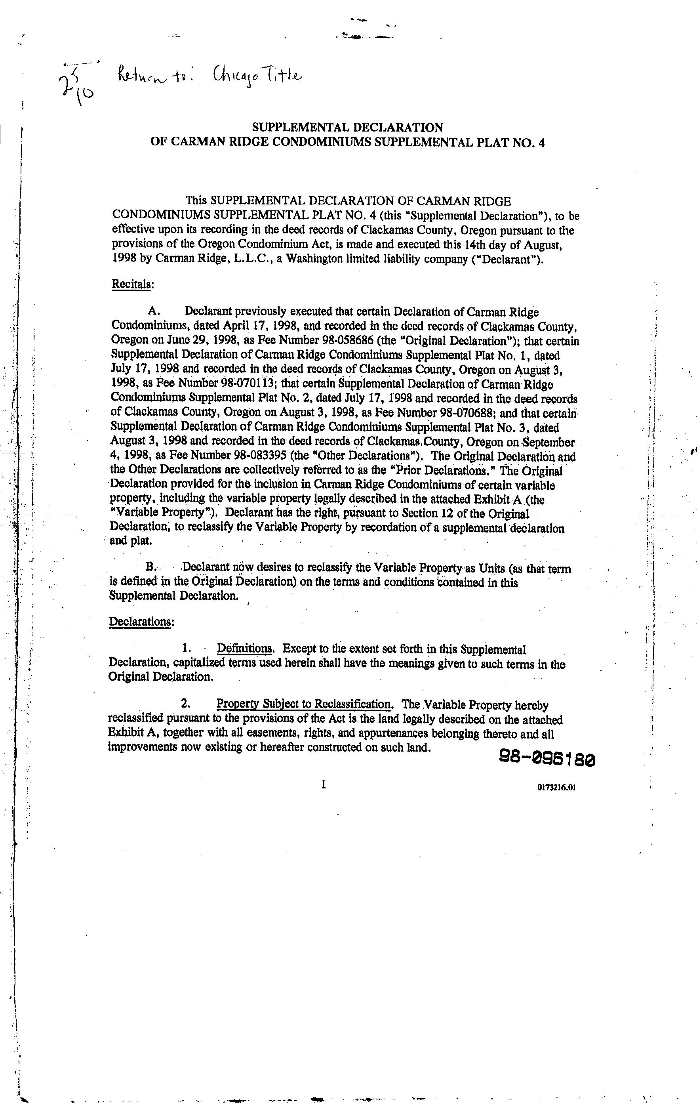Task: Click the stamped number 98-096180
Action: (547, 759)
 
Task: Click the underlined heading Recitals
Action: (132, 284)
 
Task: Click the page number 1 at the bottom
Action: (323, 784)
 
